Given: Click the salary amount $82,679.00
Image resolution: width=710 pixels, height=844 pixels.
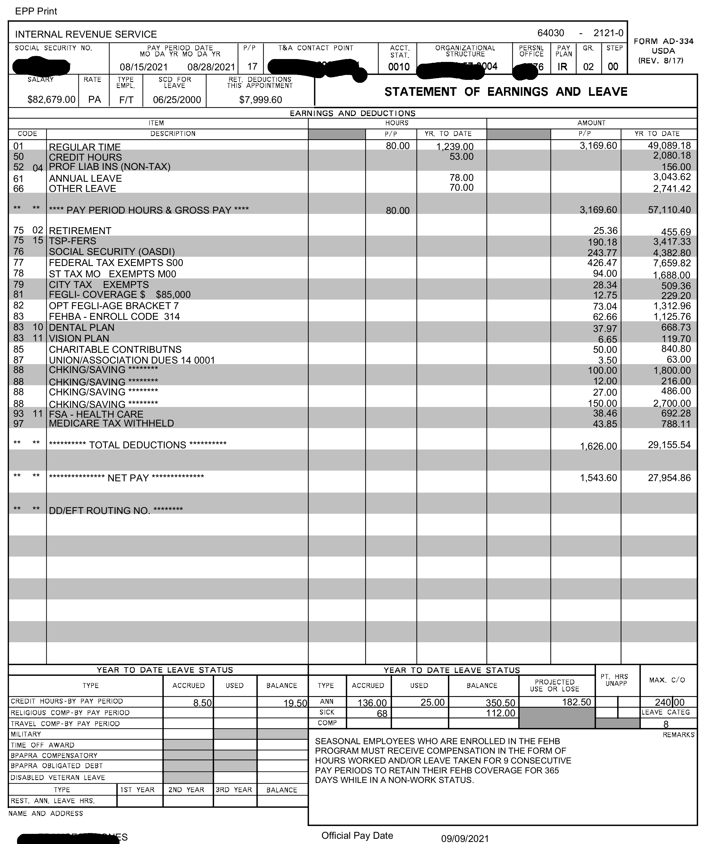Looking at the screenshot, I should tap(51, 100).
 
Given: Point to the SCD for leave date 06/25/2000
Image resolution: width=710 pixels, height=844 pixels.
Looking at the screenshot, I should tap(177, 100).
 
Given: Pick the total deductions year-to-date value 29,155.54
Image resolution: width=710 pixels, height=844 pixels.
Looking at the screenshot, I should tap(669, 445).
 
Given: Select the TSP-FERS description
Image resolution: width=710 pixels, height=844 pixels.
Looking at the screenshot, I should tap(72, 241).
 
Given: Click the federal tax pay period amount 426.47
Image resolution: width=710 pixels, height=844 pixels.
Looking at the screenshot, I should tap(602, 263).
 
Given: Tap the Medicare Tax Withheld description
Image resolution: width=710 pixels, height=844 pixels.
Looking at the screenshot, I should tap(111, 423).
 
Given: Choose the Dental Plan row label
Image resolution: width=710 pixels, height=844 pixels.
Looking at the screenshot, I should tap(82, 327).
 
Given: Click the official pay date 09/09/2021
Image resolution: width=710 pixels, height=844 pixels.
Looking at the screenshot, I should tap(465, 839).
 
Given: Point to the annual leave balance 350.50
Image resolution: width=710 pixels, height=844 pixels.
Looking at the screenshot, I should tap(500, 703).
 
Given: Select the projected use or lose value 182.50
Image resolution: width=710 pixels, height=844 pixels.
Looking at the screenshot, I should tap(576, 702).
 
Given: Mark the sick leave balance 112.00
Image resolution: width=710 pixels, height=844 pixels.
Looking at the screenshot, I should tap(500, 713).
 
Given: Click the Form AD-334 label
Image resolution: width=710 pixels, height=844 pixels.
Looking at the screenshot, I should tap(663, 41).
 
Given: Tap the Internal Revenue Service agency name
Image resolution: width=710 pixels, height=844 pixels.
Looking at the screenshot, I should tap(86, 34).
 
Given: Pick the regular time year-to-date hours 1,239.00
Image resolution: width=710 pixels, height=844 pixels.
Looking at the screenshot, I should tap(455, 146).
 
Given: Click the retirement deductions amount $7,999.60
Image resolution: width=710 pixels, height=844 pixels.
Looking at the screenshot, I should tap(260, 100).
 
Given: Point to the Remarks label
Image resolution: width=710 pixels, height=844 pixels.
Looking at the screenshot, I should tap(678, 735).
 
